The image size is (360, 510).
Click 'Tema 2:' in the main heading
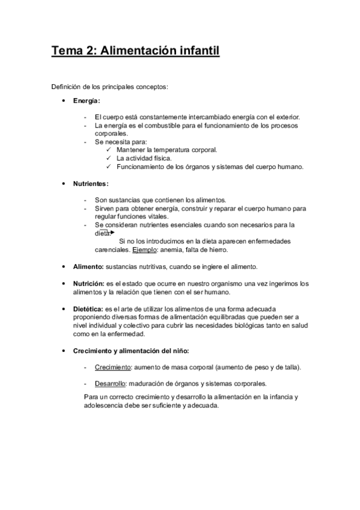click(x=73, y=51)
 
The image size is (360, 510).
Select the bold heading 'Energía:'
click(x=87, y=100)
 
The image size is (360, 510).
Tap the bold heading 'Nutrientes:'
click(x=91, y=183)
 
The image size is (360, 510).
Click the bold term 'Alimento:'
click(x=88, y=266)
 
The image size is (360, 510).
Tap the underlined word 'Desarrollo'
click(x=111, y=384)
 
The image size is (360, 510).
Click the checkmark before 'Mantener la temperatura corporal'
click(x=108, y=150)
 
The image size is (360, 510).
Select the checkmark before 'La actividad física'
click(x=108, y=158)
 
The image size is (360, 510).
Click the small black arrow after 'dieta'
click(x=112, y=232)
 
